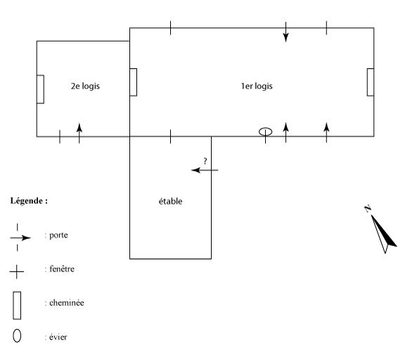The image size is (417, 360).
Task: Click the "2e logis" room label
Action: [85, 86]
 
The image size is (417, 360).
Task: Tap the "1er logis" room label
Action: [257, 86]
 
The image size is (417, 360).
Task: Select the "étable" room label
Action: [170, 201]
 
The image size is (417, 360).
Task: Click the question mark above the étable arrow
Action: [205, 161]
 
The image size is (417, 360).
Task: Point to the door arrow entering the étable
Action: [205, 170]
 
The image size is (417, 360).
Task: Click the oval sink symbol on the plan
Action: [265, 131]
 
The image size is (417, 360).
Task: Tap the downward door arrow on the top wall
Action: [286, 32]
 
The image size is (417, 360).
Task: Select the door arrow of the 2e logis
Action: [79, 133]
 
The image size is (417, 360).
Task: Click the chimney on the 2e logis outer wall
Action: [40, 89]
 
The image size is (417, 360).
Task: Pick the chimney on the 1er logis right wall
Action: [371, 82]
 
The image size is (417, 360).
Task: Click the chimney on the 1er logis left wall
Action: [133, 82]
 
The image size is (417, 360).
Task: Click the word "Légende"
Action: [27, 200]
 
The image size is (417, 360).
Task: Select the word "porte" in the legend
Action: [58, 235]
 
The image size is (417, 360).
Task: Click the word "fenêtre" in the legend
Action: [62, 269]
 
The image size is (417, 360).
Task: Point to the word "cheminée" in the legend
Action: [67, 302]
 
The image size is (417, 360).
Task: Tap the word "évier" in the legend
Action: [58, 337]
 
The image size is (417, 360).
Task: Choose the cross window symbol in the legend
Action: [16, 271]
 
